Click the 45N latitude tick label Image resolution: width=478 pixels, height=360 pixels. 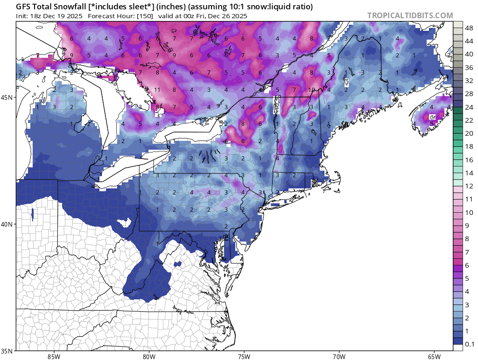(8, 97)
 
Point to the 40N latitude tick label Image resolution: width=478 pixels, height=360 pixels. (8, 224)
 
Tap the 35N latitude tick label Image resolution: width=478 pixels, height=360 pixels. (8, 351)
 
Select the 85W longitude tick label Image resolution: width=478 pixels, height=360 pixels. (54, 357)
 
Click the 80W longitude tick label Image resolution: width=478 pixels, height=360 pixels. (149, 357)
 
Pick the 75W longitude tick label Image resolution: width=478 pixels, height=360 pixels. (244, 357)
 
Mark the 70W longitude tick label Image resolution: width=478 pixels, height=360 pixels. (339, 357)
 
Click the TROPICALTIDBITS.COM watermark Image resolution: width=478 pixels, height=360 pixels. (410, 15)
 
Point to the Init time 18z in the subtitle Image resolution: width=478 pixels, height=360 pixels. (37, 16)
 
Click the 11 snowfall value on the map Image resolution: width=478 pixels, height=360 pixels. (157, 90)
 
